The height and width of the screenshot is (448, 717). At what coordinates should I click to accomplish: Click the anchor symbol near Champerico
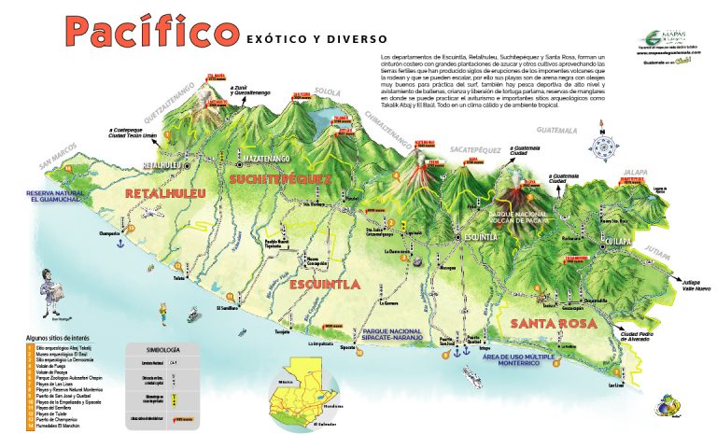pos(120,242)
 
